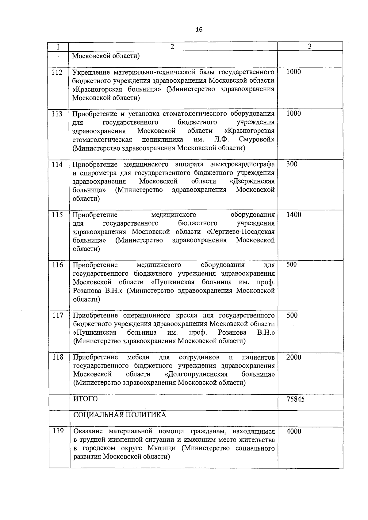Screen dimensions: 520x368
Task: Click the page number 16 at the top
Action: tap(199, 30)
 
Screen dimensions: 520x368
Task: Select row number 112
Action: tap(57, 72)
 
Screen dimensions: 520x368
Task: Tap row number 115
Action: tap(57, 215)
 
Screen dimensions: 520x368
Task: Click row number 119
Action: tap(58, 431)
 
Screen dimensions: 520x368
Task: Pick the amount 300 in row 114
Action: tap(292, 164)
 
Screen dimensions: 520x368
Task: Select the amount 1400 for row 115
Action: tap(293, 215)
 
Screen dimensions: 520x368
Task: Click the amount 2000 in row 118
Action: tap(293, 357)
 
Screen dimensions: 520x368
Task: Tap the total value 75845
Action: tap(295, 399)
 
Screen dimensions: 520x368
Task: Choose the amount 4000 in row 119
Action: tap(294, 431)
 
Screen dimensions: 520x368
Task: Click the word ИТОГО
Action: tap(86, 399)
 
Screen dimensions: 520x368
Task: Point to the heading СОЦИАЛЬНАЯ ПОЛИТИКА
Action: tap(120, 415)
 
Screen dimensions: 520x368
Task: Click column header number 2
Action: tap(172, 46)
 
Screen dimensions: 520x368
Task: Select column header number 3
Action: tap(310, 46)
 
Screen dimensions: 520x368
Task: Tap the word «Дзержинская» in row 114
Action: tap(252, 181)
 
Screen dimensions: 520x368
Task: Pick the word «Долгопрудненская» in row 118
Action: tap(196, 374)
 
